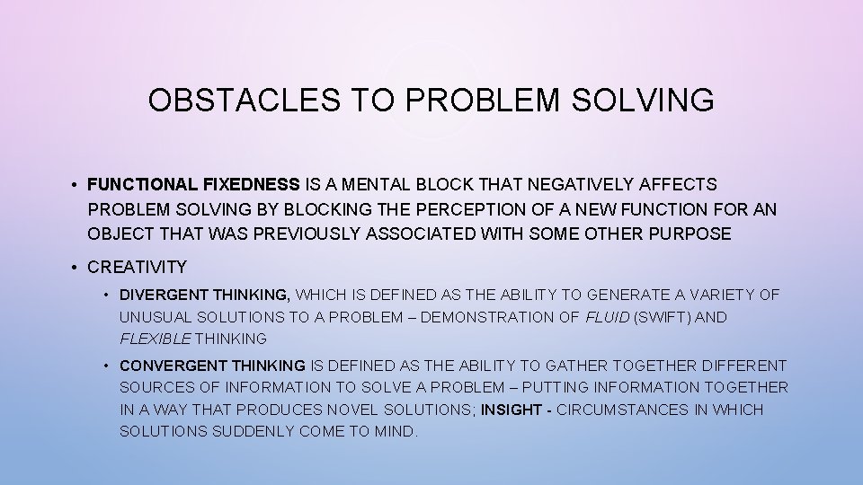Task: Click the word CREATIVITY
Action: [137, 267]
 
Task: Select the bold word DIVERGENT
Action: [161, 295]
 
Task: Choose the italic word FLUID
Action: [608, 317]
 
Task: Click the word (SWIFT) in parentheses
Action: [664, 317]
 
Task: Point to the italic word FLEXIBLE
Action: [154, 339]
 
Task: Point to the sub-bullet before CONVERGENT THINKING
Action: [106, 366]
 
